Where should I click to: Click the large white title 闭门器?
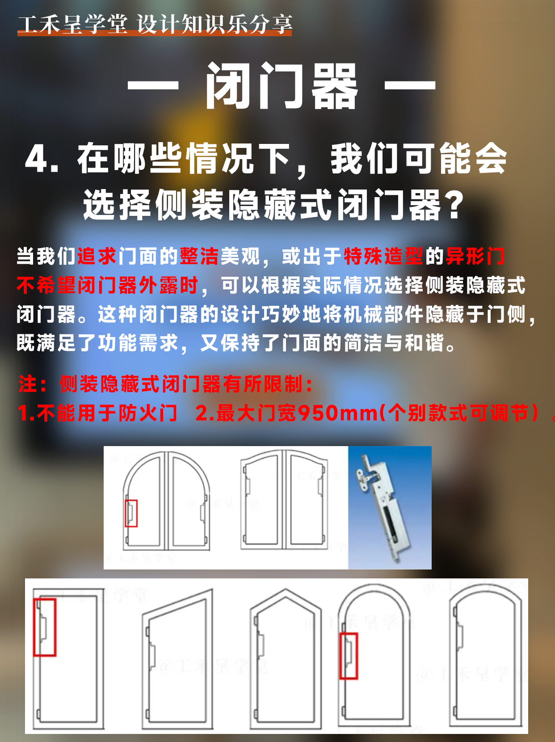tap(282, 86)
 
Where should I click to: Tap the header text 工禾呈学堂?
tap(72, 24)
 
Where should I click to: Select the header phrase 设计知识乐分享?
tap(214, 24)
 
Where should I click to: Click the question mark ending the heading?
tap(455, 205)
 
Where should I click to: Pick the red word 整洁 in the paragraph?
tap(199, 257)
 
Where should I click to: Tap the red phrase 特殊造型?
tap(383, 257)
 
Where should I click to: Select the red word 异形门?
tap(475, 257)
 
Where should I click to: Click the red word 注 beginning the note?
tap(28, 384)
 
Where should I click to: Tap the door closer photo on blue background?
tap(390, 507)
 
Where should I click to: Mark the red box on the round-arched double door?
tap(131, 513)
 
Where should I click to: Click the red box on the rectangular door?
tap(45, 627)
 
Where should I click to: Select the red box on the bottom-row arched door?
tap(349, 656)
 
